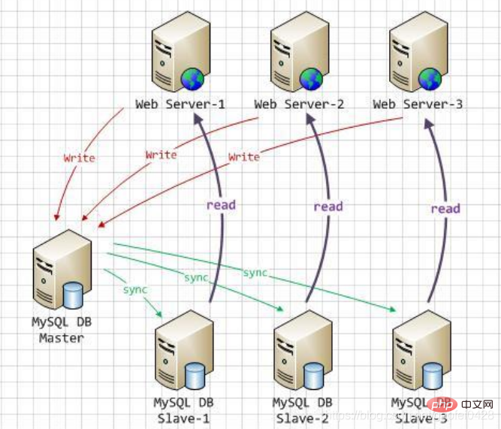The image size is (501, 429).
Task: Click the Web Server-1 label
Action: [180, 104]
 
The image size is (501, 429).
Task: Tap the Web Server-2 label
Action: [299, 104]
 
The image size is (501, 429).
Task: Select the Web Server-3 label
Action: [417, 104]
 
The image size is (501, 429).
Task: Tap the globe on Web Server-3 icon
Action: [430, 76]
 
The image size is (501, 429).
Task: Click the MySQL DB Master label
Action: [62, 331]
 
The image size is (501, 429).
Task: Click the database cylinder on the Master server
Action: [72, 295]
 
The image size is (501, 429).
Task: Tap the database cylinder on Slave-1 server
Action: [194, 373]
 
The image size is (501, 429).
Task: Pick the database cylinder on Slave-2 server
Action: [312, 373]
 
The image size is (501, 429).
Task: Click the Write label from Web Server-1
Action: [79, 159]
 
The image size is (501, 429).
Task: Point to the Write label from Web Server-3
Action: [243, 157]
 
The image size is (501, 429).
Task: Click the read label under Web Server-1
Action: [222, 204]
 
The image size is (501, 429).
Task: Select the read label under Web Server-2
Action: [328, 206]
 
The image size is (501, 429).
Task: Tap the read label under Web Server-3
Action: [445, 208]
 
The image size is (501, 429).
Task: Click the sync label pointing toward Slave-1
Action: [135, 289]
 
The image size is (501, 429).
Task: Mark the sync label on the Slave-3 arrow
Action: [255, 272]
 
